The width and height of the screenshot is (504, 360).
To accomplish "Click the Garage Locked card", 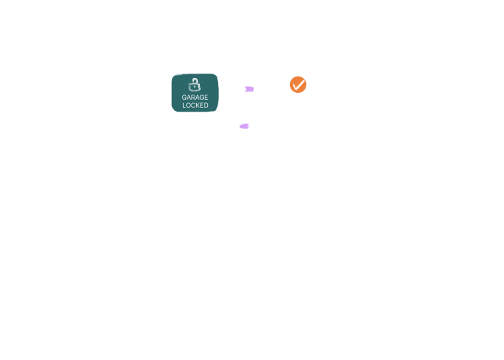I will pyautogui.click(x=195, y=93).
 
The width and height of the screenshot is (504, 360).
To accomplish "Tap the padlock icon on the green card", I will pyautogui.click(x=195, y=84).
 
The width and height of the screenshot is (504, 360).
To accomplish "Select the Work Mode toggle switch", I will pyautogui.click(x=247, y=89).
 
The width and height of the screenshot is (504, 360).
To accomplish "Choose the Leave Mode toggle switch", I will pyautogui.click(x=247, y=125).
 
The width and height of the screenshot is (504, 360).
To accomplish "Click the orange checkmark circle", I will pyautogui.click(x=298, y=84).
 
